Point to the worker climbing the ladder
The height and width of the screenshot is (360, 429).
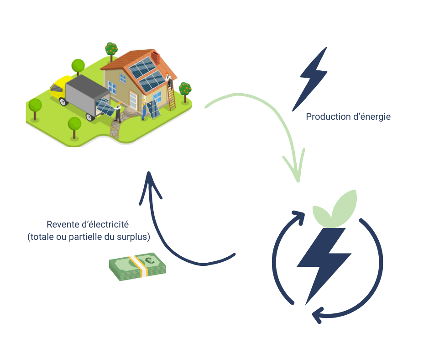169,80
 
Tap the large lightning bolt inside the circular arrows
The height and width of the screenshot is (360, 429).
324,260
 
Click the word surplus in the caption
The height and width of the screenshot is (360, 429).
135,238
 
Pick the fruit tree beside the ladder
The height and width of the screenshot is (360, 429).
185,89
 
